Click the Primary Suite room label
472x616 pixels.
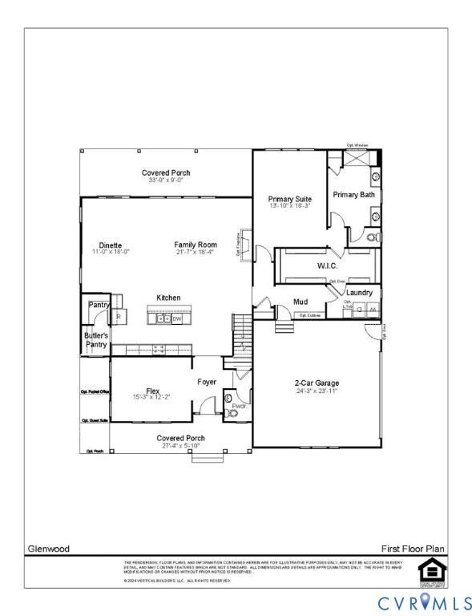coord(290,199)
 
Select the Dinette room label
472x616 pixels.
coord(111,245)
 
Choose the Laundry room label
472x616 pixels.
coord(359,293)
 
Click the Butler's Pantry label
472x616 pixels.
coord(96,340)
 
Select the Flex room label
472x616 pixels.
coord(153,391)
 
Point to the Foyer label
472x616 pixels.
coord(207,382)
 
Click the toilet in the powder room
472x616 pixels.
coord(228,395)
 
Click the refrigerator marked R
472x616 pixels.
coord(119,317)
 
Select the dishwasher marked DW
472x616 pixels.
coord(177,318)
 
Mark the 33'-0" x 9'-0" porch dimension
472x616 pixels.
coord(166,180)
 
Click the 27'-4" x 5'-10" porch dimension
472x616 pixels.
coord(180,445)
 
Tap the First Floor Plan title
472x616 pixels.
coord(413,549)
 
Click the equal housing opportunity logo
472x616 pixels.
coord(430,570)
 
